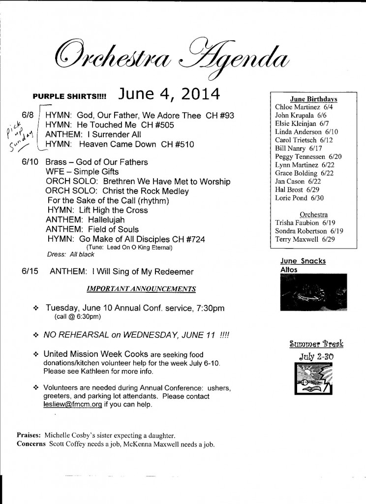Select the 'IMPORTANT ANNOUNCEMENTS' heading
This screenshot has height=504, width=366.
pyautogui.click(x=141, y=288)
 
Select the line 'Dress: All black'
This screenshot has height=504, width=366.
pyautogui.click(x=70, y=255)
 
